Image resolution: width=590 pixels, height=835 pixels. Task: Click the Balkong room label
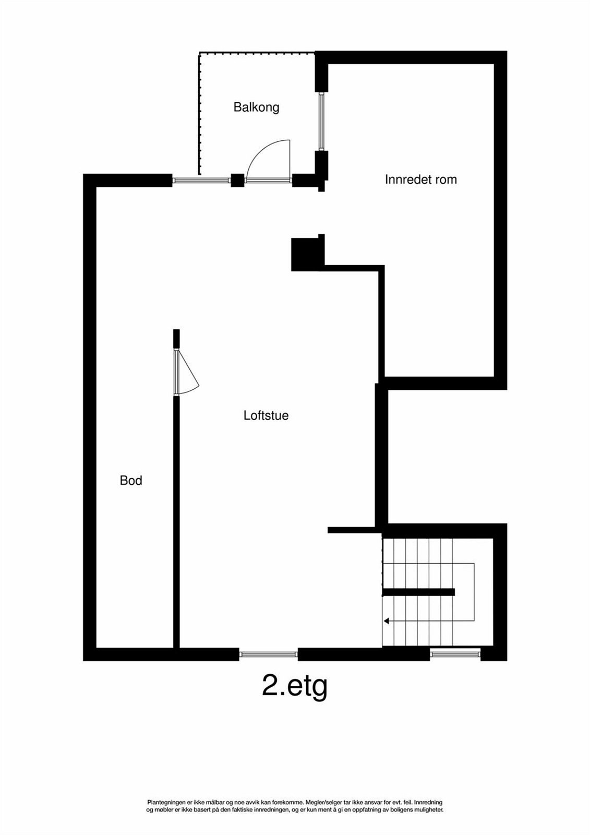click(256, 108)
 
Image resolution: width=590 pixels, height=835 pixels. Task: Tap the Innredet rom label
click(420, 180)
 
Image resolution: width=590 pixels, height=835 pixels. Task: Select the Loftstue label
click(266, 416)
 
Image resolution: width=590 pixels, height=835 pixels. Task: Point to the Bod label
click(131, 481)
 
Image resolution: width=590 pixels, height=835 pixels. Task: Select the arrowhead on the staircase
click(387, 621)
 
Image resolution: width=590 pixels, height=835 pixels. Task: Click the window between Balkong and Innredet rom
click(322, 122)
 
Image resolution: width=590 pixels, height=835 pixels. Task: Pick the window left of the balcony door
click(201, 181)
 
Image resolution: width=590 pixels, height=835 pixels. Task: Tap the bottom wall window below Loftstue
click(268, 654)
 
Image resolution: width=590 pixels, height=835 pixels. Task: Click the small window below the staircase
click(455, 651)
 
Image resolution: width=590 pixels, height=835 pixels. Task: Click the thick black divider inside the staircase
click(418, 592)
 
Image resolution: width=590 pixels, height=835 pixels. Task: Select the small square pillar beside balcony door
click(237, 181)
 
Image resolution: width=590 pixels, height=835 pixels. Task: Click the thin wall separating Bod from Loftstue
click(176, 522)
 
